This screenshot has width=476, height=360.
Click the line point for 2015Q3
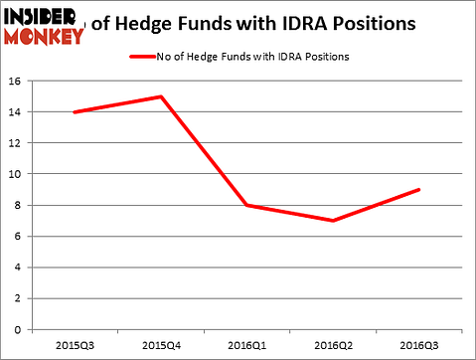75,112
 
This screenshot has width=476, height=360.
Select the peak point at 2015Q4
160,96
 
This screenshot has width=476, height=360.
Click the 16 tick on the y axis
18,82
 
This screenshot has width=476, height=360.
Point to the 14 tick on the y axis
18,112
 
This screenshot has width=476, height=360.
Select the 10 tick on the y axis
18,174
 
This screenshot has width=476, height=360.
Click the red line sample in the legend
143,55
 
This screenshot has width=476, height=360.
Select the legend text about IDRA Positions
253,55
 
